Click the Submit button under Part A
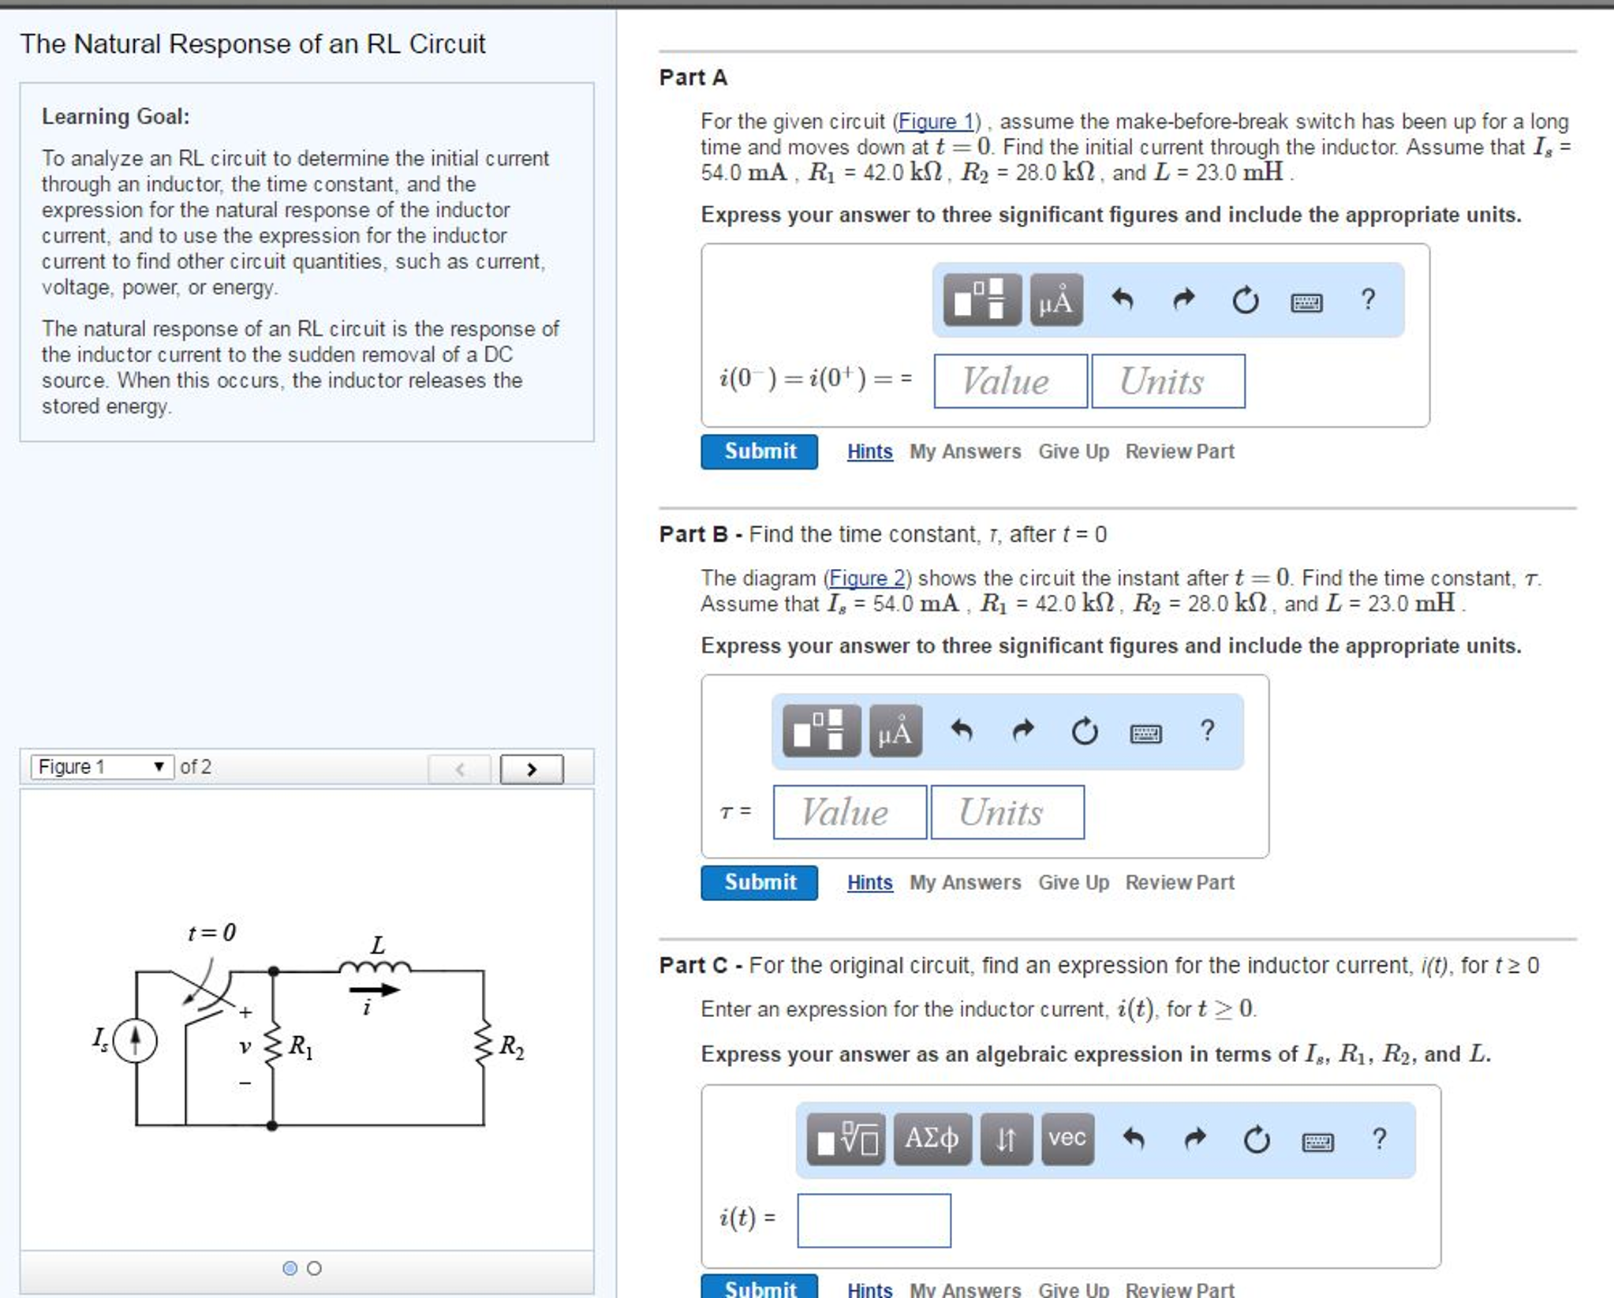pos(759,451)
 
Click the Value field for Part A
pos(1010,382)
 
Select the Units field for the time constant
pos(1007,813)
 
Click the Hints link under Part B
pos(869,882)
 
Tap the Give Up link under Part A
pos(1073,451)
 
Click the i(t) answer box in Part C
pos(873,1221)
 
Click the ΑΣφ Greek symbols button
pos(932,1139)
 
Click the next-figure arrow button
pos(532,769)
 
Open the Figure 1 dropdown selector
pos(102,767)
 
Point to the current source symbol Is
pos(135,1041)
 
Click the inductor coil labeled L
pos(375,966)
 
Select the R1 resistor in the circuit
pos(273,1046)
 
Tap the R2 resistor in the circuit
pos(484,1046)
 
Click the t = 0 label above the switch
pos(211,933)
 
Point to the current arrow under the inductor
pos(374,989)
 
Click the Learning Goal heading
pos(115,117)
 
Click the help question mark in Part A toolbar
pos(1368,300)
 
